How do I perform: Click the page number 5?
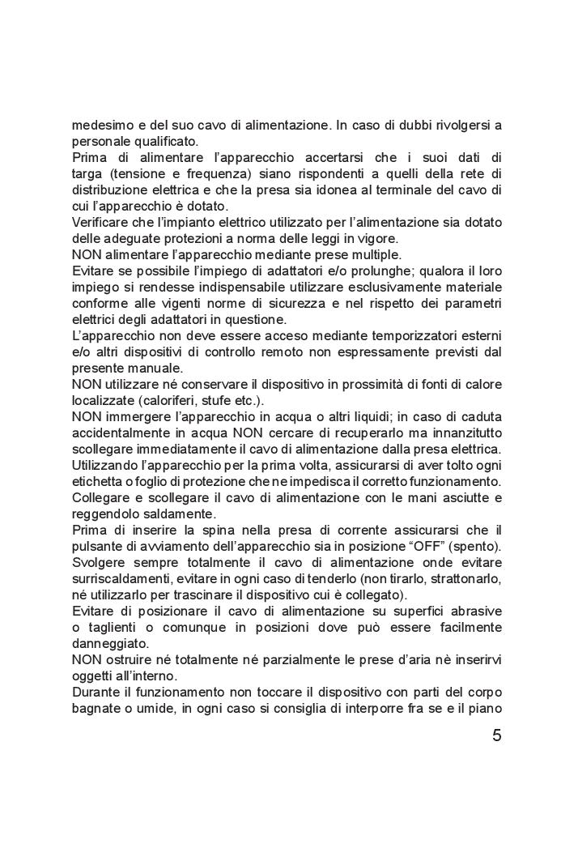pyautogui.click(x=496, y=736)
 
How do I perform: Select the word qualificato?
pyautogui.click(x=154, y=141)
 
